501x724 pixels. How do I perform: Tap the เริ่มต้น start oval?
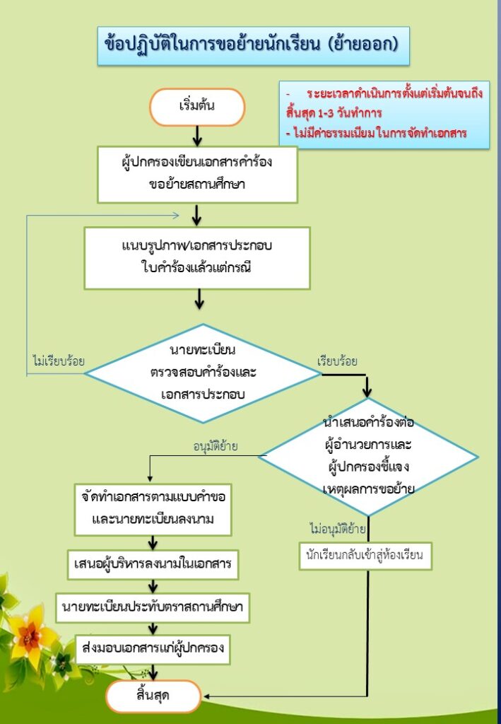(197, 107)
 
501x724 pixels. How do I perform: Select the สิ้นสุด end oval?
(153, 696)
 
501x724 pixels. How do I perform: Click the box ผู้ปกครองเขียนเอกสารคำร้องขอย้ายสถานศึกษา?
(197, 174)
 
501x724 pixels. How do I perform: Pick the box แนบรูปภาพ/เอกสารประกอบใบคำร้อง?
(197, 257)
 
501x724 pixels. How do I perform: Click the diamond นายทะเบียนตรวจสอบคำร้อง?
(203, 373)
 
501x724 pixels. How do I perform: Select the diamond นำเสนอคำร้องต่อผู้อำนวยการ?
(367, 457)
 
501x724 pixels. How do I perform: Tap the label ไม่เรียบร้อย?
(59, 361)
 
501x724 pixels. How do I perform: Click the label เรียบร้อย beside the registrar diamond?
(337, 361)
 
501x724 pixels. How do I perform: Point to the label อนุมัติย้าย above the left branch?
(216, 446)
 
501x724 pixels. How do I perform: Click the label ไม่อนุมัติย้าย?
(338, 529)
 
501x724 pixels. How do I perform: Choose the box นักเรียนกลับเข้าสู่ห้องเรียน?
(365, 556)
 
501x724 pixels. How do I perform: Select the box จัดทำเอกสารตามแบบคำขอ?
(153, 509)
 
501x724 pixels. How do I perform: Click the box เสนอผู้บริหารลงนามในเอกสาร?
(153, 564)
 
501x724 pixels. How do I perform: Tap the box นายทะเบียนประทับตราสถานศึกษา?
(153, 607)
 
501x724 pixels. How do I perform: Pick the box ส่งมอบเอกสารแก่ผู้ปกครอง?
(153, 649)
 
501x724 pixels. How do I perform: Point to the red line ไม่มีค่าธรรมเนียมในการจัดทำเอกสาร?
(377, 134)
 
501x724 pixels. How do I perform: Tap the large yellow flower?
(30, 629)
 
